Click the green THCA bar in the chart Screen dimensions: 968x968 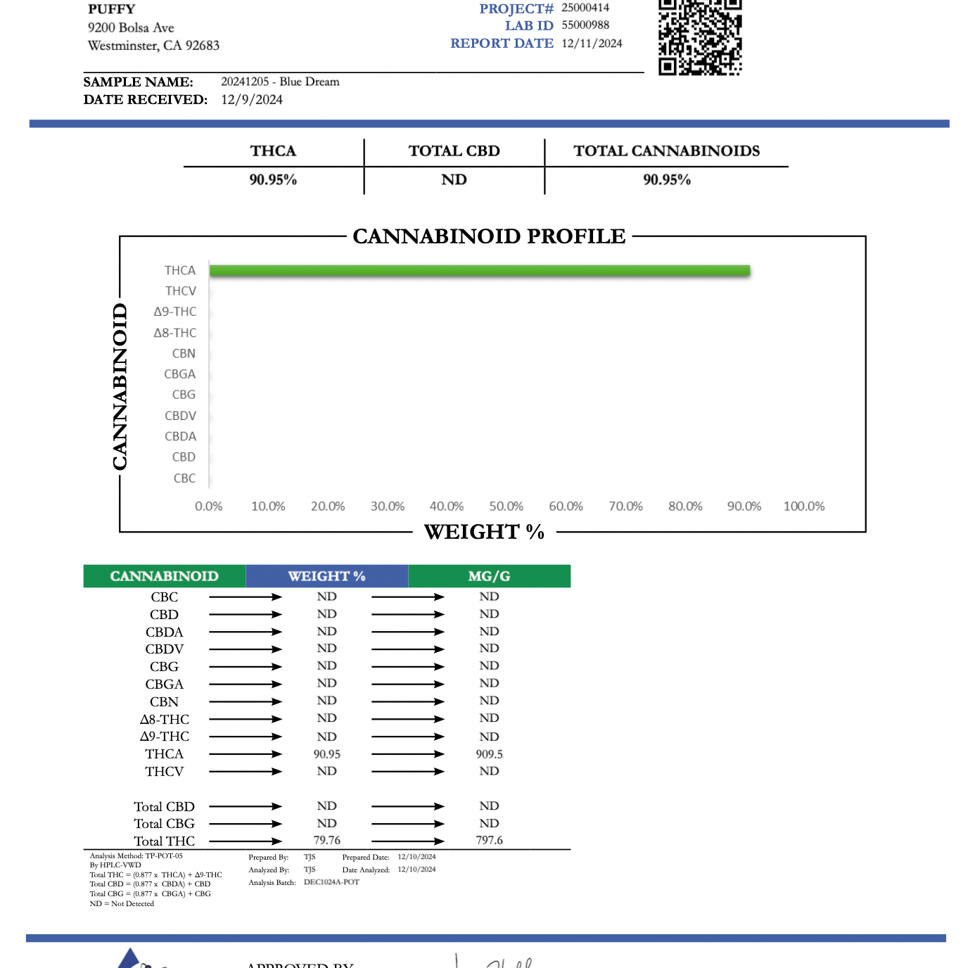(480, 271)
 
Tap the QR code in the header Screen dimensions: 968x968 (700, 37)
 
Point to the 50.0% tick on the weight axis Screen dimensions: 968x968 (507, 507)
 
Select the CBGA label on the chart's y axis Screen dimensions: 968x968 (180, 374)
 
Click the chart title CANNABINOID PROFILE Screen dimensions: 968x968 (489, 236)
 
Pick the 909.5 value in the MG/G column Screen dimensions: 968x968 (489, 754)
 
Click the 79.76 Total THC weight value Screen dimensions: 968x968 (327, 841)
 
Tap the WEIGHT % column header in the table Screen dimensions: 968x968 (327, 576)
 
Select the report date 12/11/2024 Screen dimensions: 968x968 (592, 44)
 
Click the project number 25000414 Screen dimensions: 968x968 (585, 8)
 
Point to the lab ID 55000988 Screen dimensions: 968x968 (585, 25)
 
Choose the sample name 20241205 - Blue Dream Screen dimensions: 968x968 (280, 82)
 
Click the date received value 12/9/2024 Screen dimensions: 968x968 (252, 100)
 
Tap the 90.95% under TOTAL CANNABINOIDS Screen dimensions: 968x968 (667, 180)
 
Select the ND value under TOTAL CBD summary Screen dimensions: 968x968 (454, 180)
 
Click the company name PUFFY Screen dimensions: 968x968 (112, 9)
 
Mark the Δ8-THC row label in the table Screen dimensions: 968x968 (165, 719)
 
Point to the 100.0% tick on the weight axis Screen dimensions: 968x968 (804, 507)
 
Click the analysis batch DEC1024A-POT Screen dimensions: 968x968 (331, 882)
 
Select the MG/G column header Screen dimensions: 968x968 (489, 576)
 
